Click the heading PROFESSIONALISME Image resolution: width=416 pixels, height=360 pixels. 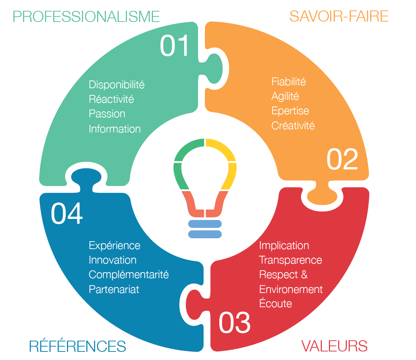[86, 17]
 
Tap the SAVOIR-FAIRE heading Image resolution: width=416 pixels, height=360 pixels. [339, 17]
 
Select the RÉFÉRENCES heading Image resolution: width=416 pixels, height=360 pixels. [77, 346]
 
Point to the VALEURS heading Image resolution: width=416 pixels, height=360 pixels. [334, 346]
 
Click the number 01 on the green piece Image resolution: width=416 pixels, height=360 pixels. [175, 46]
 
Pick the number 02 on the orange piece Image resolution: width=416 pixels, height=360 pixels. [342, 159]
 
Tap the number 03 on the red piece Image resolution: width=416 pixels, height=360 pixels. [234, 323]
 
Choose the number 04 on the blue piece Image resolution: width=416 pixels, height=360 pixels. [67, 213]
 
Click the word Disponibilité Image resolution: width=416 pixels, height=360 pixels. [116, 85]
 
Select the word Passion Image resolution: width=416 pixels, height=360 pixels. [107, 114]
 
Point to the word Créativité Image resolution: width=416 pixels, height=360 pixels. [293, 125]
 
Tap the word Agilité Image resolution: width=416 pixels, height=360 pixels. [285, 96]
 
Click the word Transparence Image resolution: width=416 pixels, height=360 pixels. [290, 260]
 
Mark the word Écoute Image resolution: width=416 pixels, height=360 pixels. [275, 303]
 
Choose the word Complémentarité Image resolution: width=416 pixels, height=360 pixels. [129, 275]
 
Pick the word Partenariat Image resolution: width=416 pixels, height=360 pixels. [114, 289]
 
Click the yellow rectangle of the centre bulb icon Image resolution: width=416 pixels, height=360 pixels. [221, 164]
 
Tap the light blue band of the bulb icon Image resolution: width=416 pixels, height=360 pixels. [205, 228]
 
